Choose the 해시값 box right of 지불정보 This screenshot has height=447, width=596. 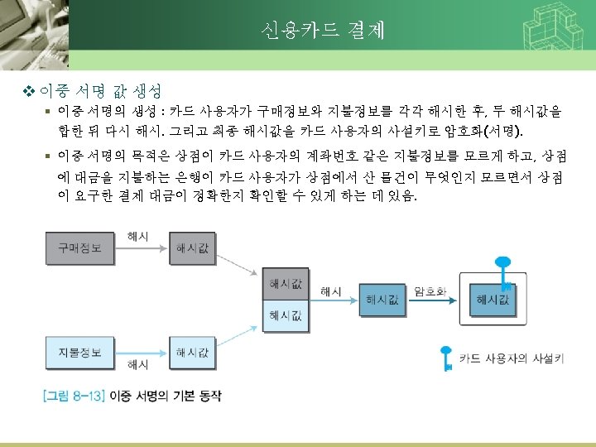192,353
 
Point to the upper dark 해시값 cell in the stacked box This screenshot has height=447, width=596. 286,286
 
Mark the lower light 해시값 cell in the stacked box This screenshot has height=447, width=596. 286,315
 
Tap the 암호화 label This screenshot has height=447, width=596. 430,291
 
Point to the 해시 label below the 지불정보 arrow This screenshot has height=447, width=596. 138,365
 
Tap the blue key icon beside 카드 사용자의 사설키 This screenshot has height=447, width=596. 446,358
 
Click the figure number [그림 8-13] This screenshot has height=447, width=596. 74,396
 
